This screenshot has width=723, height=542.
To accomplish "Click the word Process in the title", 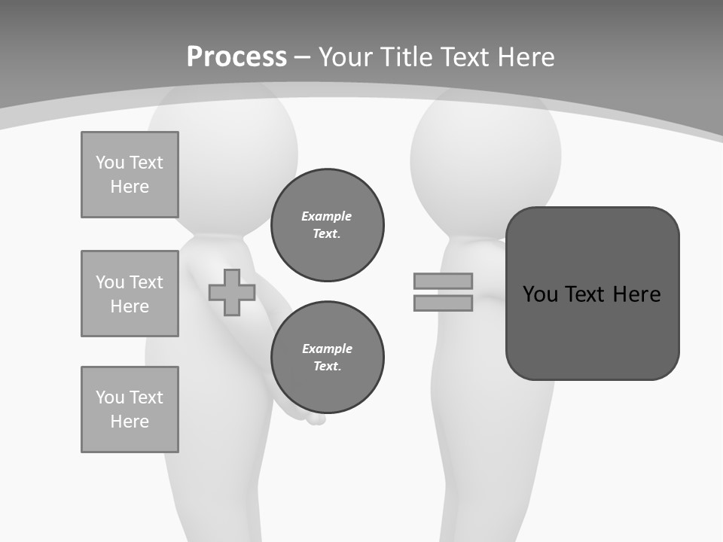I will tap(236, 57).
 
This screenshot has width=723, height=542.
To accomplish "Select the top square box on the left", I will tap(130, 175).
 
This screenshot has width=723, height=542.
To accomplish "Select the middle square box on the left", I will tap(130, 294).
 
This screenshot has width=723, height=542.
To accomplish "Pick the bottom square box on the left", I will tap(130, 410).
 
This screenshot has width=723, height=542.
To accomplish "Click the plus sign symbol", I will tap(232, 292).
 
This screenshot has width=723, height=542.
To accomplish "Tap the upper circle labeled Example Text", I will tap(328, 225).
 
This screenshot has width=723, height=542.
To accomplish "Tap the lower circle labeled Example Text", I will tap(328, 358).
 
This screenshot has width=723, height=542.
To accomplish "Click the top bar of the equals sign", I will tap(443, 281).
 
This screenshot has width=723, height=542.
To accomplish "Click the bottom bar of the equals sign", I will tap(443, 303).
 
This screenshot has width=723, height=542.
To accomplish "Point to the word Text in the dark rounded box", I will tap(587, 294).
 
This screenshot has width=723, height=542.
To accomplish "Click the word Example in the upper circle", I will tap(326, 216).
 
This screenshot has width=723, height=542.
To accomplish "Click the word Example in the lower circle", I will tap(327, 349).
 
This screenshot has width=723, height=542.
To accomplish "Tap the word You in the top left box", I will tap(109, 163).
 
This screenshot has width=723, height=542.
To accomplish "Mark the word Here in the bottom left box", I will tap(130, 422).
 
